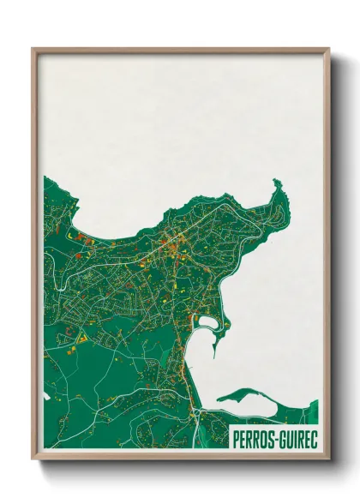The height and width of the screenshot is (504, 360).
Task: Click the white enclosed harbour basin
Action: click(x=209, y=324)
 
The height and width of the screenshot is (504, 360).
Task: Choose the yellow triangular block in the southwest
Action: click(x=82, y=340)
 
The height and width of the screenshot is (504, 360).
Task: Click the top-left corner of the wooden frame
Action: click(x=33, y=49)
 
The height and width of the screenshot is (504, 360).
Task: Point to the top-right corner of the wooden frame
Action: click(x=328, y=49)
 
